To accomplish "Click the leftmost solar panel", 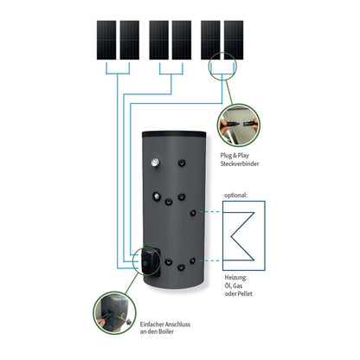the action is [106, 40].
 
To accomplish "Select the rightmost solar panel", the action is [234, 40].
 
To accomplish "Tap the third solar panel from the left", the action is [159, 40].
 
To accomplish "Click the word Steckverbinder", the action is [240, 164].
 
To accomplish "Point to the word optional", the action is [235, 196].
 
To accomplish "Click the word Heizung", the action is [235, 278].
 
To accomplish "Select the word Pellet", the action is [244, 294].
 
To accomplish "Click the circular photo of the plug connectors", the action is [239, 125].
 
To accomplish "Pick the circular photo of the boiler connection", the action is [114, 313].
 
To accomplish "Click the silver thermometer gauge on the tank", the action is [156, 163].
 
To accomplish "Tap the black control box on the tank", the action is [150, 261].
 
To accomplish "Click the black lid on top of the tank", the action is [174, 134].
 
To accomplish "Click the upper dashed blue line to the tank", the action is [209, 212].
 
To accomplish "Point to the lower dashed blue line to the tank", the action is [209, 260].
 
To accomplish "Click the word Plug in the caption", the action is [226, 156].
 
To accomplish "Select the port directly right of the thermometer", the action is [182, 163].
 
